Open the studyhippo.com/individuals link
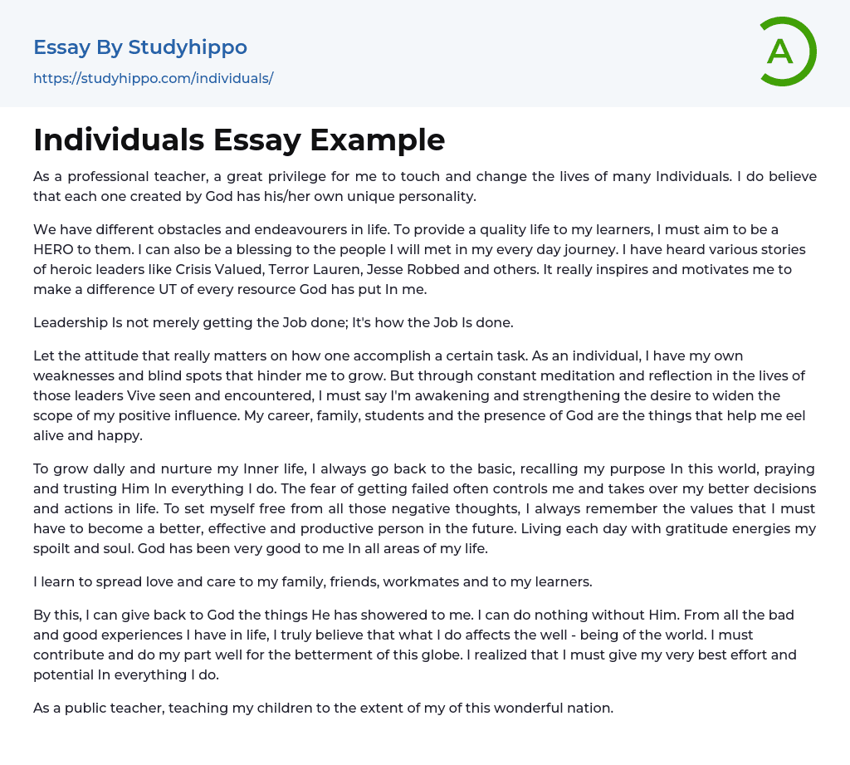pyautogui.click(x=153, y=79)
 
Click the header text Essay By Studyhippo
pyautogui.click(x=140, y=47)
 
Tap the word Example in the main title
pyautogui.click(x=378, y=140)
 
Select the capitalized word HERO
pyautogui.click(x=56, y=249)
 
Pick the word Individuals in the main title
pyautogui.click(x=119, y=140)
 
